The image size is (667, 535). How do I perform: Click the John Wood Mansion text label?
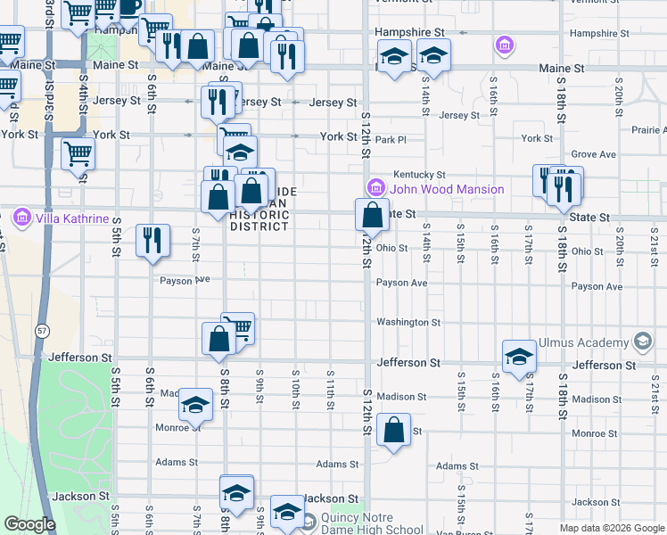click(x=447, y=189)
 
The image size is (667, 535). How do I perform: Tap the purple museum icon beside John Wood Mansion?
click(x=375, y=188)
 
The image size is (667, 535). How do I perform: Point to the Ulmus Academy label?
click(x=583, y=342)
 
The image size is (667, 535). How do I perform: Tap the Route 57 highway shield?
click(x=42, y=331)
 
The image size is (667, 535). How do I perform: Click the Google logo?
click(x=29, y=524)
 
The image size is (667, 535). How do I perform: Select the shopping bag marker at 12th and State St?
click(x=372, y=215)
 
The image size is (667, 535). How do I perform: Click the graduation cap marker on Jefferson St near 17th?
click(x=519, y=357)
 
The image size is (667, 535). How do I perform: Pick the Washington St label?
click(x=408, y=322)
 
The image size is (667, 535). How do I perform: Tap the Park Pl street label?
click(x=391, y=140)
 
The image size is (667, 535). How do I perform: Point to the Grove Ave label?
click(x=594, y=154)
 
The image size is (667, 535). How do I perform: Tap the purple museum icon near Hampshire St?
click(x=504, y=44)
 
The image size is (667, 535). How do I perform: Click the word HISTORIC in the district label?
click(x=259, y=215)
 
